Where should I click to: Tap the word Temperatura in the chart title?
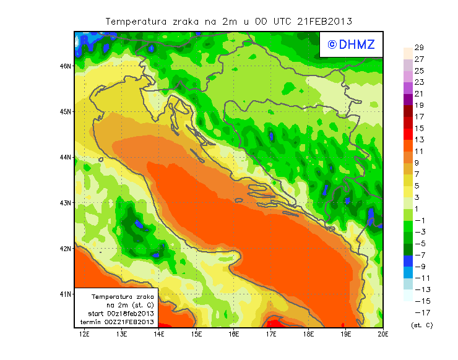pyautogui.click(x=136, y=21)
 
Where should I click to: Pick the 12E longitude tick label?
pyautogui.click(x=85, y=335)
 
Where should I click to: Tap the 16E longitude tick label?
pyautogui.click(x=234, y=335)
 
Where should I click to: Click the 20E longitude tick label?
pyautogui.click(x=383, y=335)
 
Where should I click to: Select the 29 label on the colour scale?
pyautogui.click(x=418, y=48)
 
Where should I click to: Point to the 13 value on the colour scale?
pyautogui.click(x=418, y=140)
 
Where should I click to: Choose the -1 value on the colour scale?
pyautogui.click(x=420, y=220)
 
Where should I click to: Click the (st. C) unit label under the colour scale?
pyautogui.click(x=421, y=325)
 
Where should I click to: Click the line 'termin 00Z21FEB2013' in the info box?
pyautogui.click(x=116, y=322)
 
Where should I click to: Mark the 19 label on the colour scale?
pyautogui.click(x=418, y=105)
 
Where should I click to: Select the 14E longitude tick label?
pyautogui.click(x=159, y=335)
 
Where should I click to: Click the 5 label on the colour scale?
pyautogui.click(x=418, y=186)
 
